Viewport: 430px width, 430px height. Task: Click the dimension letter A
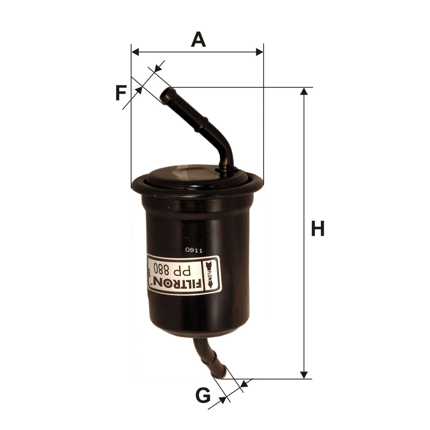(x=198, y=39)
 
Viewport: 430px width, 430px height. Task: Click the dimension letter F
(x=121, y=93)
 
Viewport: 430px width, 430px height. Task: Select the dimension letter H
(x=317, y=228)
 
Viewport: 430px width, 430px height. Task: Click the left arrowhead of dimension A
(x=135, y=52)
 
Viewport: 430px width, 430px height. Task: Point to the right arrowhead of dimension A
(x=260, y=52)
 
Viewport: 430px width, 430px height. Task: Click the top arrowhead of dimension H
(x=304, y=91)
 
